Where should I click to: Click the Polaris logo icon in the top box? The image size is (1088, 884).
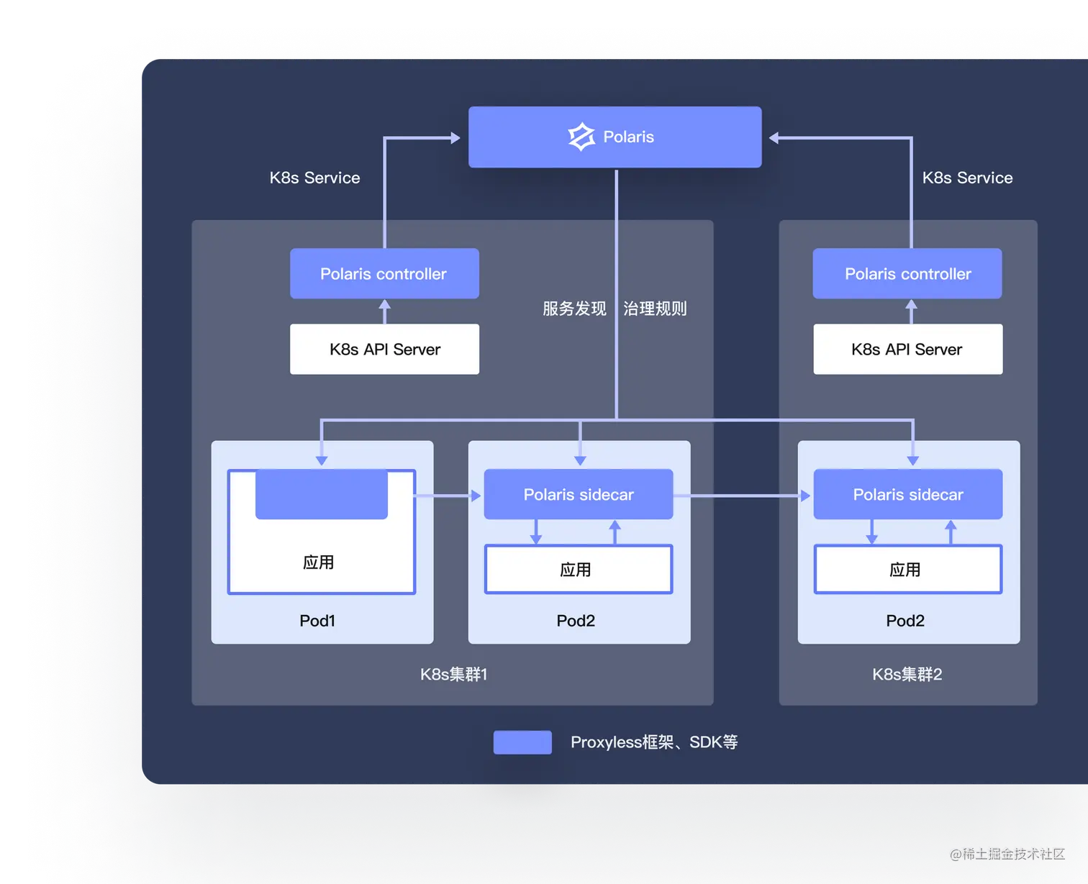click(581, 137)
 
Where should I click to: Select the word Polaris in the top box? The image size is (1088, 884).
click(628, 137)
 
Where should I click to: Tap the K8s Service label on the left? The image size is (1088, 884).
click(314, 178)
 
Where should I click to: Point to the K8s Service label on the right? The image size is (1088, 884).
click(967, 178)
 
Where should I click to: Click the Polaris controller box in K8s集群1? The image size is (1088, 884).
click(384, 273)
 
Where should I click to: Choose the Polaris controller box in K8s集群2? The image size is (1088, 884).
click(907, 273)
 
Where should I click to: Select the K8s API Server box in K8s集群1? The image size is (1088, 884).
click(384, 349)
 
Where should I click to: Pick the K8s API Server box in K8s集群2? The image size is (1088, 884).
click(907, 349)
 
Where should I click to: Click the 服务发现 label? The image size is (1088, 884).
click(574, 309)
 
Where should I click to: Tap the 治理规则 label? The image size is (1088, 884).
click(655, 309)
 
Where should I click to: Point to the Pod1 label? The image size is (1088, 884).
click(317, 621)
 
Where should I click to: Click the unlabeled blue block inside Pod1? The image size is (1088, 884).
click(322, 495)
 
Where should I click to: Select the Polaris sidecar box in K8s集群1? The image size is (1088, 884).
click(579, 495)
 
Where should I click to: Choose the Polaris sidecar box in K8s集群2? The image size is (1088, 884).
click(907, 495)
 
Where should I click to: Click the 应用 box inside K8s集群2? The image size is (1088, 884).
click(907, 570)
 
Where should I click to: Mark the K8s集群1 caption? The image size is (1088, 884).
click(453, 674)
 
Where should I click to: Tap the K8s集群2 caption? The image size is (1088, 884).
click(907, 674)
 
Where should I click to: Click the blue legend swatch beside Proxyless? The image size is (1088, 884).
click(522, 742)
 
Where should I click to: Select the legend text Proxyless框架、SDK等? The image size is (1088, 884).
click(654, 742)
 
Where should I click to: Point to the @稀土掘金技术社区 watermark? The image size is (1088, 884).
click(1006, 853)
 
